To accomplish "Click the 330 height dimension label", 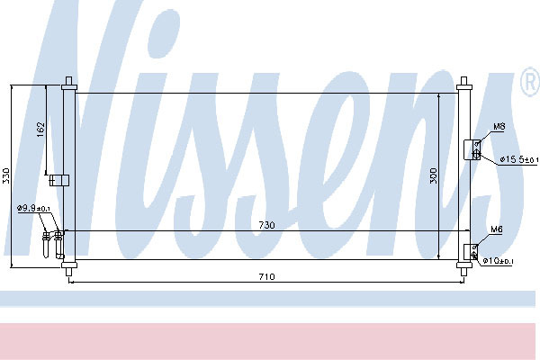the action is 5,175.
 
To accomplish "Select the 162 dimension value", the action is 40,130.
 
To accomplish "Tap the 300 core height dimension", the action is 433,175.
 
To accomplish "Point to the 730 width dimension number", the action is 267,225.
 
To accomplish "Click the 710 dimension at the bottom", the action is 267,276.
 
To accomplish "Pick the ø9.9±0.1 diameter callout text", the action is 34,208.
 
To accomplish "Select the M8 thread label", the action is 499,127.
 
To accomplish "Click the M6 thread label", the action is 496,229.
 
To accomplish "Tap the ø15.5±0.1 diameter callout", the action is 519,159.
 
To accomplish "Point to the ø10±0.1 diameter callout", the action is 498,261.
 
